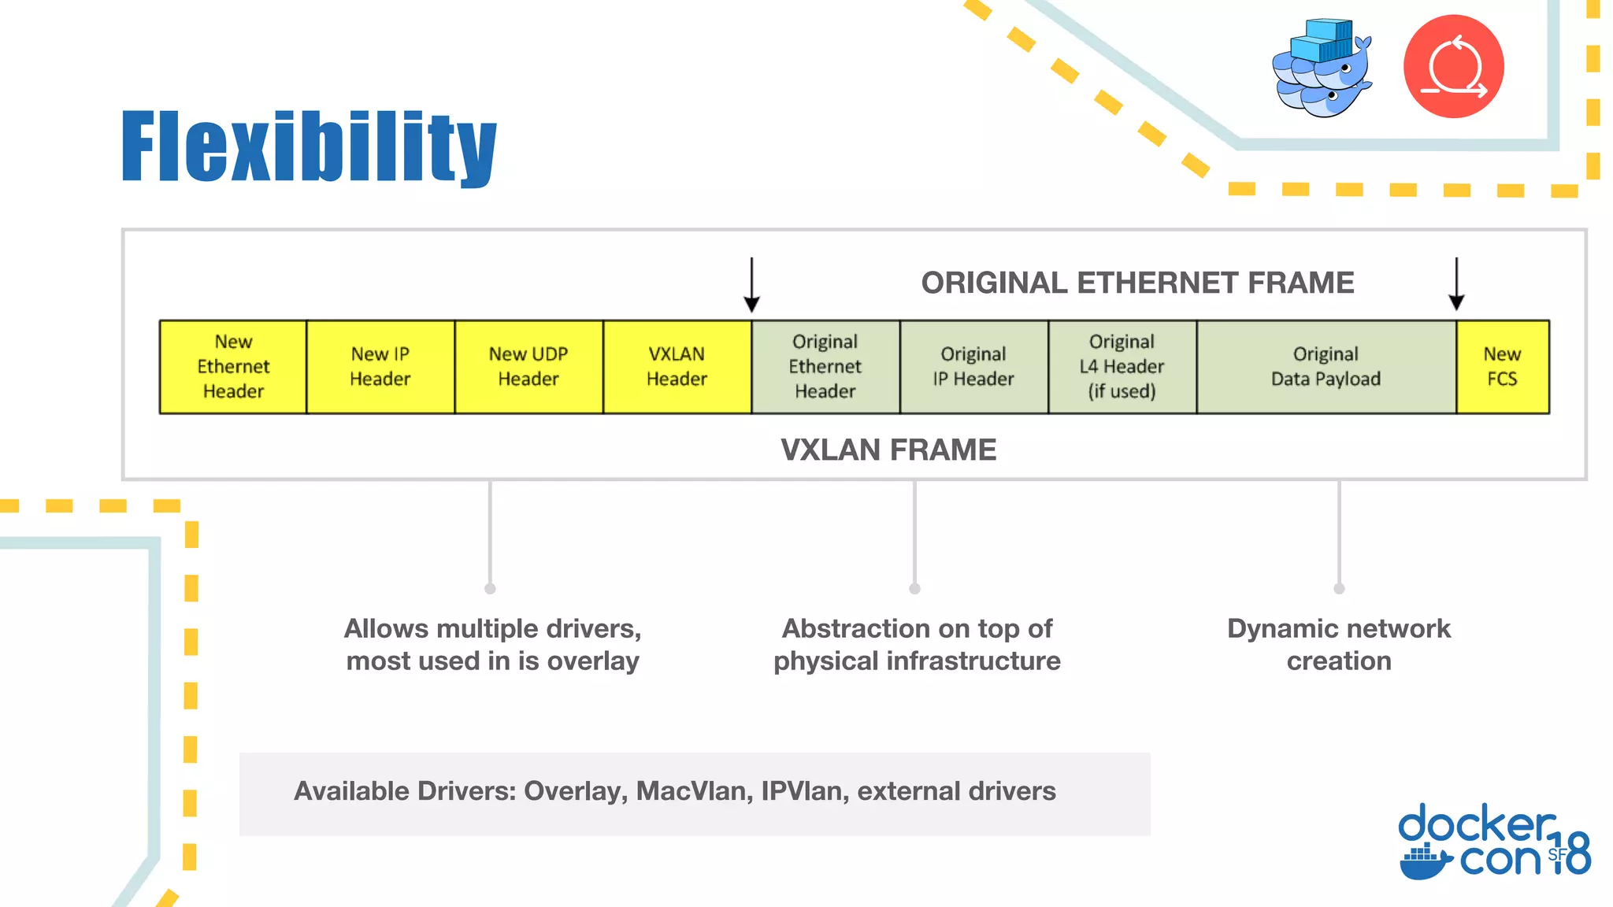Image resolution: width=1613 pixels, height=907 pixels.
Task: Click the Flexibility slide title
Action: [x=309, y=147]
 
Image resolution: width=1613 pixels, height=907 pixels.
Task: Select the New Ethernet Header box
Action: [x=233, y=367]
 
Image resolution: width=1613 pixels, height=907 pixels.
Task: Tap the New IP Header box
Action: [x=380, y=367]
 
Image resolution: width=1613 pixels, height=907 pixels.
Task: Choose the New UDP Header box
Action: [x=528, y=367]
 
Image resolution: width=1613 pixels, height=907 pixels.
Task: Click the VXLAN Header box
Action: [x=677, y=367]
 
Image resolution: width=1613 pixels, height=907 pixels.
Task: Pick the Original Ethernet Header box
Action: [x=825, y=367]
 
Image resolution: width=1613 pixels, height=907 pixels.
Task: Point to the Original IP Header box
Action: [x=973, y=367]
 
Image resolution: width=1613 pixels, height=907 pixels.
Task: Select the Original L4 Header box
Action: [x=1122, y=367]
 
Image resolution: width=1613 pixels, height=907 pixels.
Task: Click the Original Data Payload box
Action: [x=1326, y=367]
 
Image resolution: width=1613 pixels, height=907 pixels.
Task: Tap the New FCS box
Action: [x=1502, y=367]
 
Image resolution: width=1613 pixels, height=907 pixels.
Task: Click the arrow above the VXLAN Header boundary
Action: [x=751, y=285]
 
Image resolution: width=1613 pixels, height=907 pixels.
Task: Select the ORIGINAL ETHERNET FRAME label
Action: [x=1137, y=283]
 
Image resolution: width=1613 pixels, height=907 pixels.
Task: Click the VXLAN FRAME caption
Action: [x=888, y=450]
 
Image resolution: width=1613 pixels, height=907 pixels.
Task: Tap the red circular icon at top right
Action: [x=1453, y=67]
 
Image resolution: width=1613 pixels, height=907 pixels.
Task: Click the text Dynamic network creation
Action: [x=1338, y=644]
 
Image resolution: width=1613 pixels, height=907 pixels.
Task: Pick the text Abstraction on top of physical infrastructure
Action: [x=917, y=644]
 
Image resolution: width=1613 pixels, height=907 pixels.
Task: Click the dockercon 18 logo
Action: [x=1493, y=841]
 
